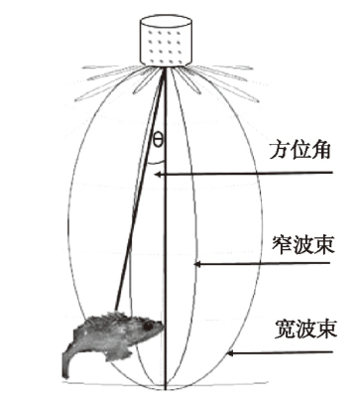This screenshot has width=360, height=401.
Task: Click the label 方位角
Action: coord(300,152)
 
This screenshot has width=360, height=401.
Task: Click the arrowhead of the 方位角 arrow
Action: coord(159,175)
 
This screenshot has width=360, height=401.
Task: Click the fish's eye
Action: coord(147,325)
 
